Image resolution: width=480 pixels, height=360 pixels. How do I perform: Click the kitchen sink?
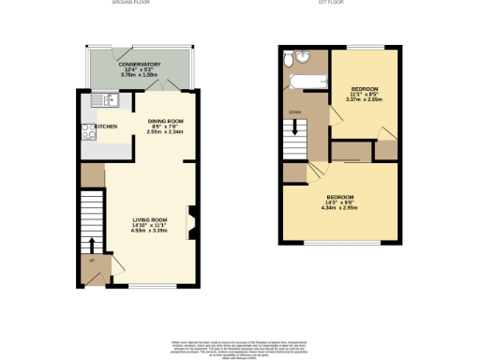pos(104,98)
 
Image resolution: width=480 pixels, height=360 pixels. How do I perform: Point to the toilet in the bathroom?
pos(288,64)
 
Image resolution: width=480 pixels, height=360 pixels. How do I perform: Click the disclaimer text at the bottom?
pos(240,347)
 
